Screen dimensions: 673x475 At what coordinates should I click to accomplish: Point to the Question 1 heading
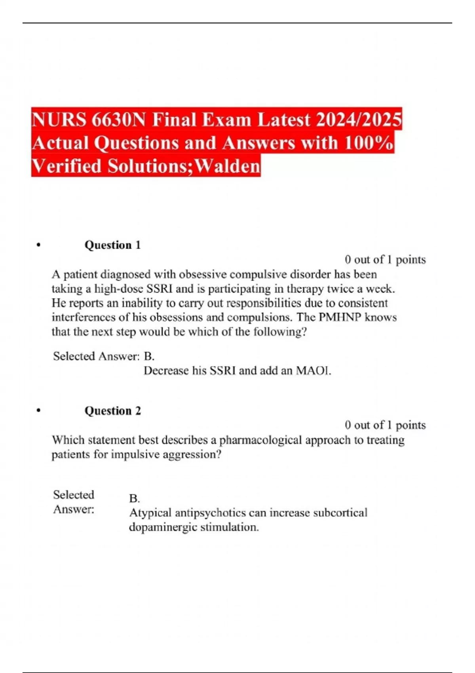coord(112,245)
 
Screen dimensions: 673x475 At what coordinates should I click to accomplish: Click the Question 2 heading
coord(112,411)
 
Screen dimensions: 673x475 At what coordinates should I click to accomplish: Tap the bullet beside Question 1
coord(38,245)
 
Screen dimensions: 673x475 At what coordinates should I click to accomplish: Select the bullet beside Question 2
coord(38,411)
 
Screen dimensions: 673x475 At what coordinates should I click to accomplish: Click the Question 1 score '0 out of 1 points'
coord(385,260)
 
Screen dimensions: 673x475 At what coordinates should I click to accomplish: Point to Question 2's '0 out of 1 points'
coord(385,425)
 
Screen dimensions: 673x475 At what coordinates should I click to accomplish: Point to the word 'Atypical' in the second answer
coord(150,513)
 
